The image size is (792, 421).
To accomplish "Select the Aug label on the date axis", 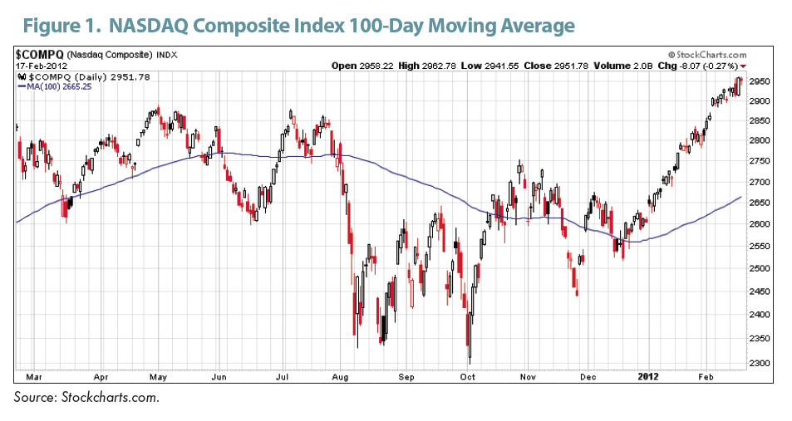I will tap(339, 375).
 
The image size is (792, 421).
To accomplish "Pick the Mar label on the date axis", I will tap(32, 375).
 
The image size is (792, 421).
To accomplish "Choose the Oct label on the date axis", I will tap(468, 375).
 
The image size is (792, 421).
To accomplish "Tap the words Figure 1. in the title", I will tap(58, 26).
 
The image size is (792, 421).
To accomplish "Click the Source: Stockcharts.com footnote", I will tap(86, 398).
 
